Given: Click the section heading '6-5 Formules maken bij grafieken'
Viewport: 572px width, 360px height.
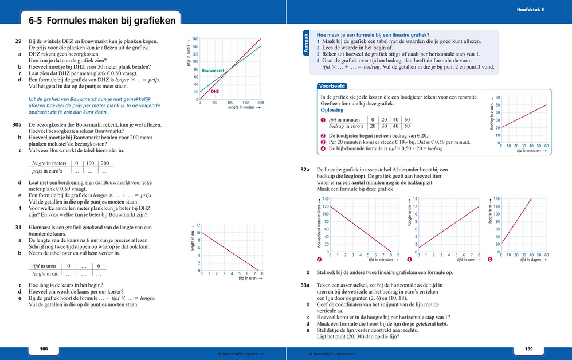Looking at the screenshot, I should coord(103,21).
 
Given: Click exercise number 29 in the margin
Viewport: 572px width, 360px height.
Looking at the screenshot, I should coord(18,41).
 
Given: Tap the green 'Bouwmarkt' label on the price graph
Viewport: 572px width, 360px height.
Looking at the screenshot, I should coord(213,70).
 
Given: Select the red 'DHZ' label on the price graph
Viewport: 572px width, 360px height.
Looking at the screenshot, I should coord(215,91).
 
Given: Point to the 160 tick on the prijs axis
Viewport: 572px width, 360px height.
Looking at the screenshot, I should coord(195,38).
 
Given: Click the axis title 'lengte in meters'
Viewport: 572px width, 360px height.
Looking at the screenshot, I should coord(241,107).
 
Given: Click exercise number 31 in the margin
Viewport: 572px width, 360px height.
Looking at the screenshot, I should coord(18,228).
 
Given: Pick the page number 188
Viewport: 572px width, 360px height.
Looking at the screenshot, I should coord(44,349).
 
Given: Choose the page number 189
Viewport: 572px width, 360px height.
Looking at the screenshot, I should coord(528,349).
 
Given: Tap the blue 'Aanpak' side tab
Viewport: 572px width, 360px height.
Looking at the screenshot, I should coord(305,43).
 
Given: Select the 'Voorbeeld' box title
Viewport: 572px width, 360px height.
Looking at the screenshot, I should coord(331,86).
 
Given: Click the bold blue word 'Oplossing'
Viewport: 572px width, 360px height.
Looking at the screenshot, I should coord(332,110).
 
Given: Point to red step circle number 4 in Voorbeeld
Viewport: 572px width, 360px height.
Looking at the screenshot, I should coord(323,148).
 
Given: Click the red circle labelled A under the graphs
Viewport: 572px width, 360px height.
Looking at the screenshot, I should coord(319,260).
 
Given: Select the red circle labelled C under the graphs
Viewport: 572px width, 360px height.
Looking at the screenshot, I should coord(489,260).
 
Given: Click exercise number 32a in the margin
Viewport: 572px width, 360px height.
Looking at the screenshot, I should coord(305,170).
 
